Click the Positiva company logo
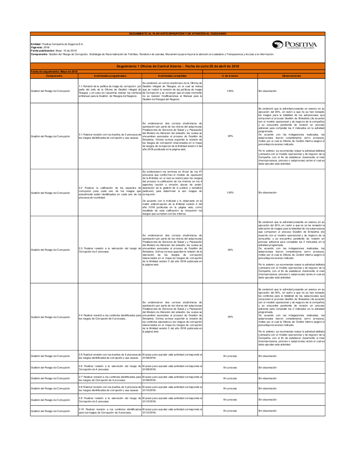coord(294,45)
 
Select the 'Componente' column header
coord(54,76)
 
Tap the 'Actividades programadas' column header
coord(110,76)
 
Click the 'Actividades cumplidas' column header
coord(172,76)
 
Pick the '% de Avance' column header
coord(230,76)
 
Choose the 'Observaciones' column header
coord(291,76)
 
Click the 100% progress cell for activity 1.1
coord(230,91)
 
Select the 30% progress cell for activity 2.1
coord(230,136)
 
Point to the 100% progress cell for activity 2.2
coord(230,193)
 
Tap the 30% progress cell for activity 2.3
coord(230,250)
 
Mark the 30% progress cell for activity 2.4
coord(230,317)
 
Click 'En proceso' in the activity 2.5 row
coord(230,356)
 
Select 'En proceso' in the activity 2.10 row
coord(230,411)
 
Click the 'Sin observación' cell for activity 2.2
coord(267,193)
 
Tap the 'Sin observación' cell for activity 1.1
coord(267,91)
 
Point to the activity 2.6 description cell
coord(110,368)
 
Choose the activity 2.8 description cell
coord(110,389)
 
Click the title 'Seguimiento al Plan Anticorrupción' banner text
coord(177,34)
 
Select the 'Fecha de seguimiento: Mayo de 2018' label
coord(54,72)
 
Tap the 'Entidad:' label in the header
coord(36,44)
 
